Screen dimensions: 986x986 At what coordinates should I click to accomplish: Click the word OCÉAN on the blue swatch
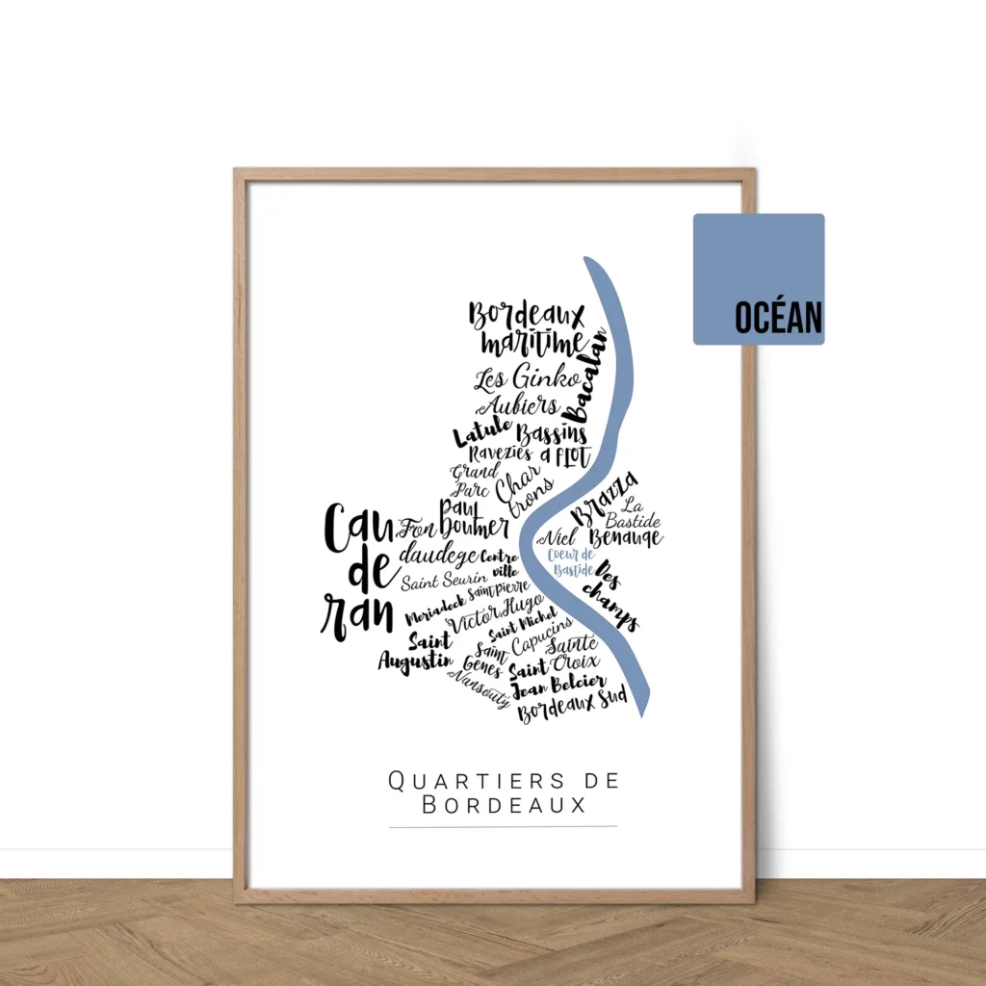click(x=778, y=318)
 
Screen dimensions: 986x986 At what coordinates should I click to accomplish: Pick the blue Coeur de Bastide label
click(x=571, y=562)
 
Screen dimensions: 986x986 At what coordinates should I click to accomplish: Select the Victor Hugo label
click(x=495, y=612)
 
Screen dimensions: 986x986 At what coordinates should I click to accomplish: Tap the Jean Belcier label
click(x=558, y=687)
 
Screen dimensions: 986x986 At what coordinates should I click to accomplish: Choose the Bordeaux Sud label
click(x=572, y=708)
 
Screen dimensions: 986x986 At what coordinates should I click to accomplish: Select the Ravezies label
click(x=500, y=454)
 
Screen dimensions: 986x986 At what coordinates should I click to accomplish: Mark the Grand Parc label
click(x=475, y=480)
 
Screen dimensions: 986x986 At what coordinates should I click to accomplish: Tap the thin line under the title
click(x=503, y=826)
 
